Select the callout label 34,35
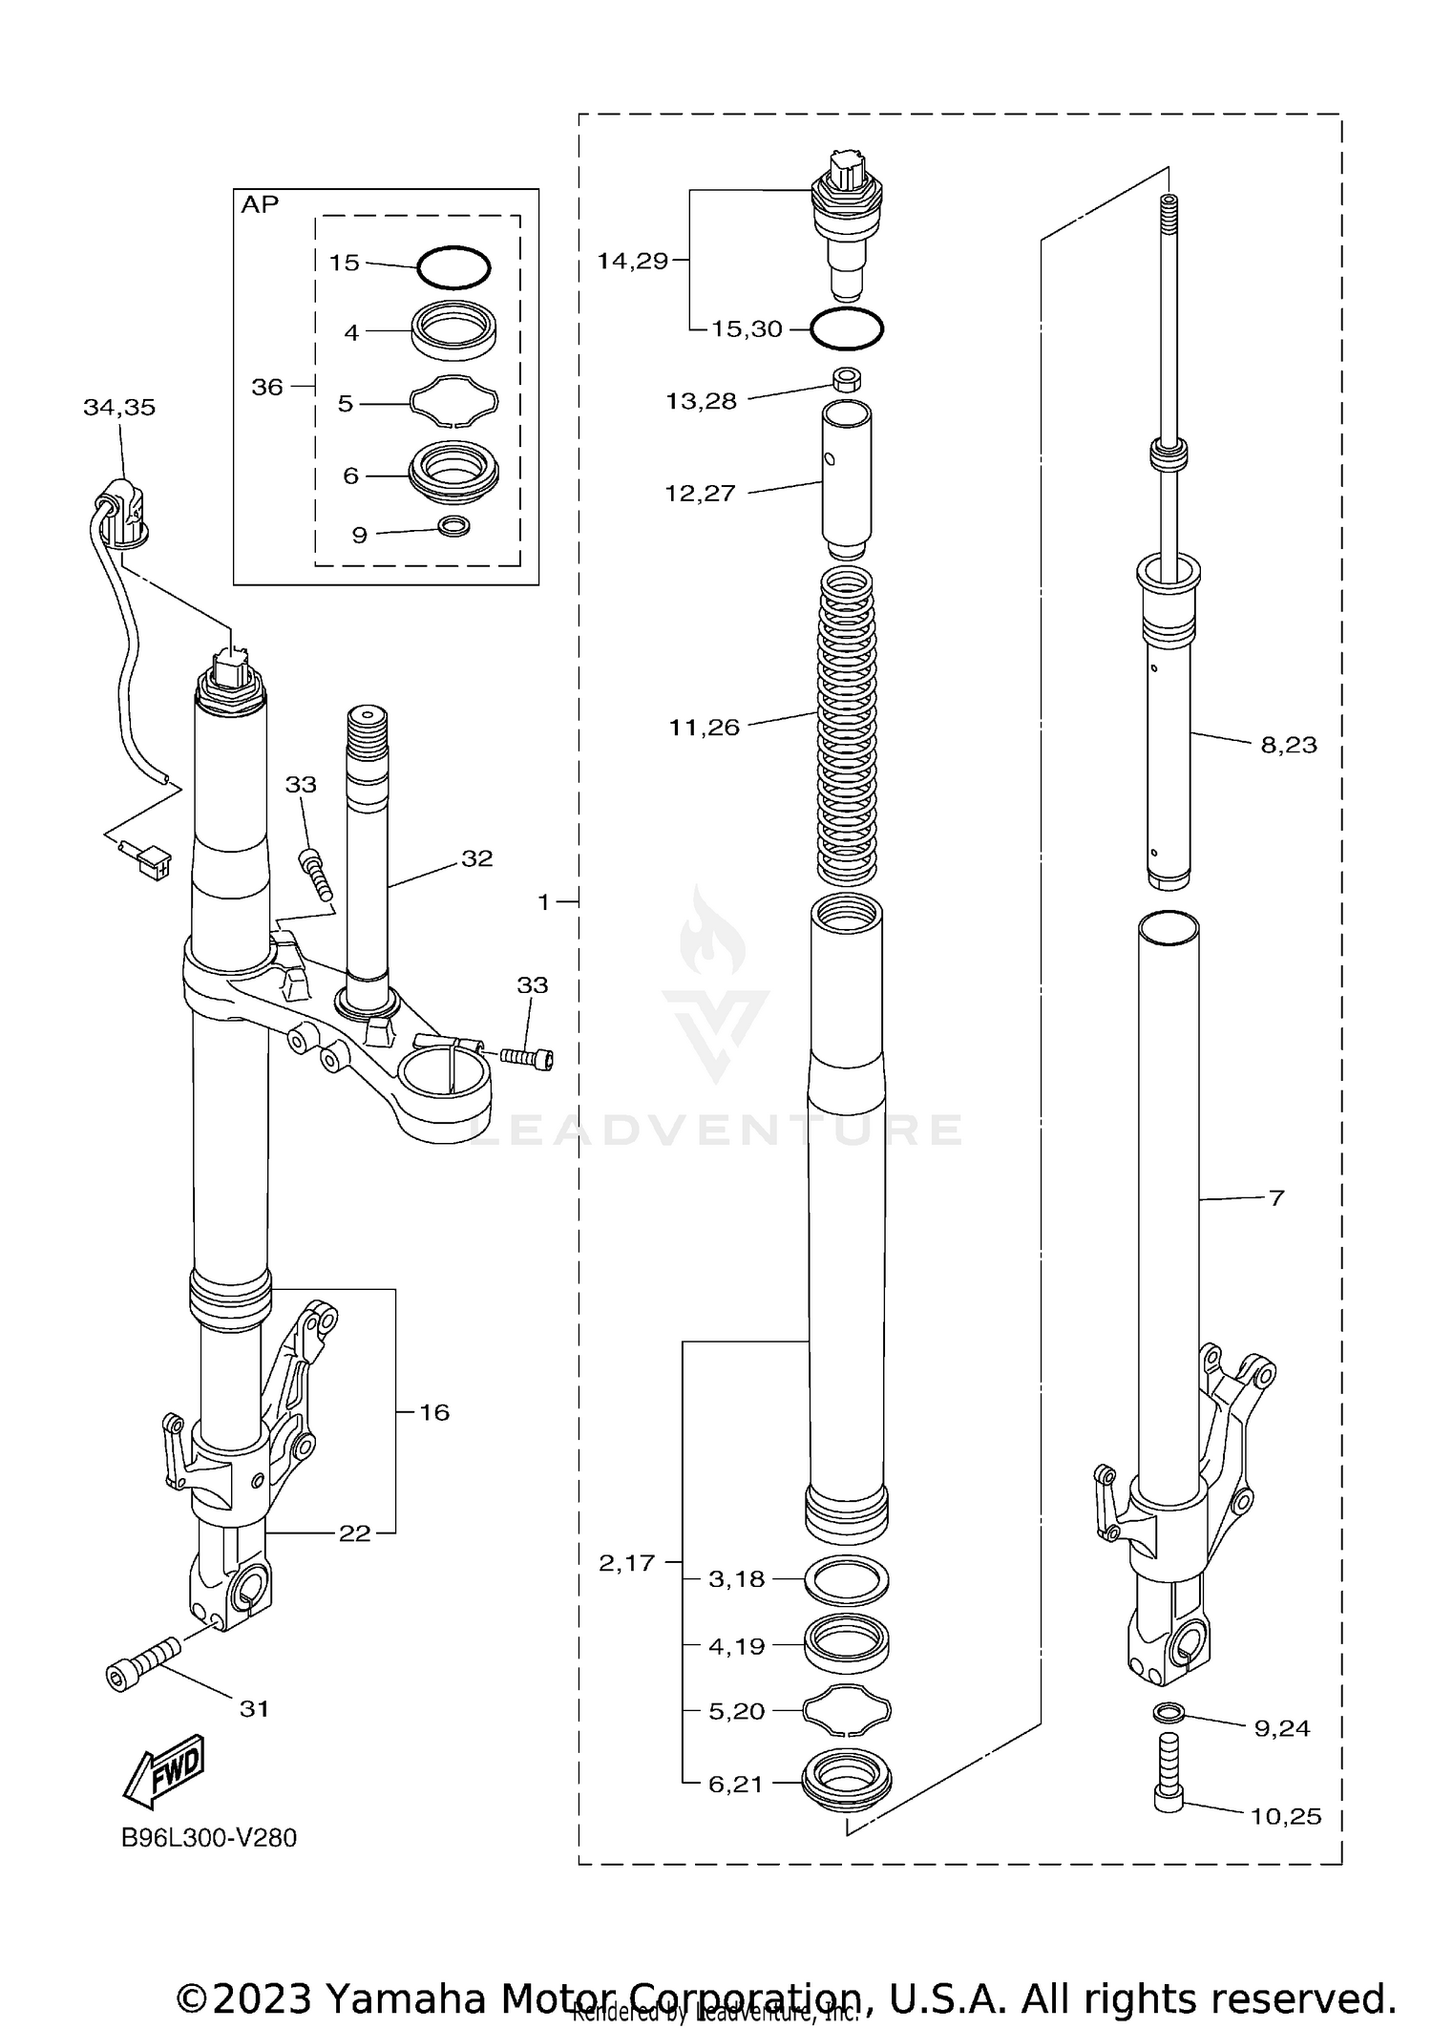(x=119, y=408)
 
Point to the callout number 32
(x=476, y=858)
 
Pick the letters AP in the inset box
(x=260, y=205)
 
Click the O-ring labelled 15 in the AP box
(x=453, y=267)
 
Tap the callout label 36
(x=267, y=387)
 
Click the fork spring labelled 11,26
(x=848, y=726)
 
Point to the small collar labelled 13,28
(x=847, y=379)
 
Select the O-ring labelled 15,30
(x=847, y=329)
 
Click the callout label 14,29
(x=632, y=261)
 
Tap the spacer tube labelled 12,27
(x=847, y=477)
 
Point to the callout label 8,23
(x=1288, y=745)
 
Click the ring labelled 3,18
(x=848, y=1580)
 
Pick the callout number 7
(x=1277, y=1197)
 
